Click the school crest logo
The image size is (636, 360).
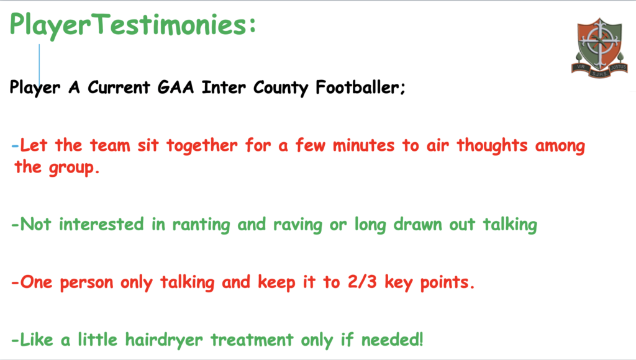tap(599, 48)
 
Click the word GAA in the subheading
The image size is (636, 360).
tap(176, 87)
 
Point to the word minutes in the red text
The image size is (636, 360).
tap(363, 145)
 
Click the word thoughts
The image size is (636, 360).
tap(492, 145)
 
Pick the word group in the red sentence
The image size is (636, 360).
tap(71, 168)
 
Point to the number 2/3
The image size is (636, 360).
tap(362, 282)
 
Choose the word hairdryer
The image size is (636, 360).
tap(164, 340)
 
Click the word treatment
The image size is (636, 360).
tap(252, 340)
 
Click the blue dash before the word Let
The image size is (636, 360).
tap(16, 146)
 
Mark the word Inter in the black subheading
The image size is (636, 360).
tap(224, 87)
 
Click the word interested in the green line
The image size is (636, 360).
tap(101, 224)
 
